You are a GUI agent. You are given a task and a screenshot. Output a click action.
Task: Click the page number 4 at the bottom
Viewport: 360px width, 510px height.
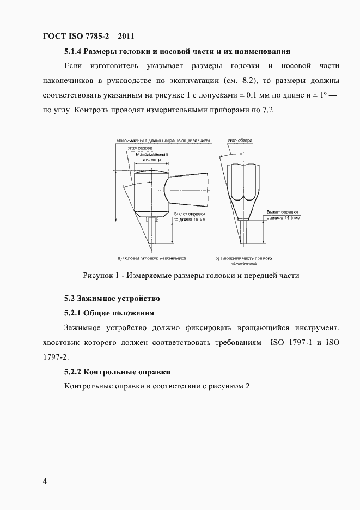coord(45,481)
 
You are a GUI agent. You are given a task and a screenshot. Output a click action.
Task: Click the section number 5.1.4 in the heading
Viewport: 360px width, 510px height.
coord(74,52)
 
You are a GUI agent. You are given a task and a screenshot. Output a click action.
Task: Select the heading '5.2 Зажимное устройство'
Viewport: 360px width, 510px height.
coord(111,298)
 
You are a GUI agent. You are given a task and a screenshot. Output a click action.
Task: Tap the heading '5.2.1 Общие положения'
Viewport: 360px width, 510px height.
coord(109,313)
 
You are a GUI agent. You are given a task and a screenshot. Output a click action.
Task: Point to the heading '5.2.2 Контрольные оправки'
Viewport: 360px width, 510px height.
coord(118,372)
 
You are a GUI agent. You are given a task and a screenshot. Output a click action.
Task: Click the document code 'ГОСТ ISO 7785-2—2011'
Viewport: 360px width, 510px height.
coord(88,37)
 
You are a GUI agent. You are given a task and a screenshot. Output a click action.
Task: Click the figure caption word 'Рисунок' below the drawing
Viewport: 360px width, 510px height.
coord(99,276)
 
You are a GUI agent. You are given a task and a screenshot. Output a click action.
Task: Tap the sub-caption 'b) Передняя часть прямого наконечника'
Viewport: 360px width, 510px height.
coord(243,259)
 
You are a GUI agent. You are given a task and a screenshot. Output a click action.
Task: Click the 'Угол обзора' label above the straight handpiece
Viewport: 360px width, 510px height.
coord(240,141)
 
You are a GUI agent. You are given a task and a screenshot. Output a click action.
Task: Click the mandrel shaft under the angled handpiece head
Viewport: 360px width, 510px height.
coord(152,231)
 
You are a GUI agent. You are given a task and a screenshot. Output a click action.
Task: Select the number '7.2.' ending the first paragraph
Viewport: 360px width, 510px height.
coord(270,110)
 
